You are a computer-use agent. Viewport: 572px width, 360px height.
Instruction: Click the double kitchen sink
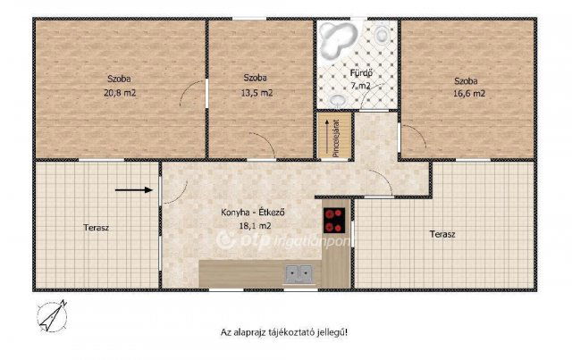click(299, 273)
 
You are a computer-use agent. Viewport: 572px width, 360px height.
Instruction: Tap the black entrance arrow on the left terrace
click(133, 189)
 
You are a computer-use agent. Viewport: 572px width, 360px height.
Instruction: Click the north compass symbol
click(52, 314)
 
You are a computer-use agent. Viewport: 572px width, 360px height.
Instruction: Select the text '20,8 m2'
click(121, 92)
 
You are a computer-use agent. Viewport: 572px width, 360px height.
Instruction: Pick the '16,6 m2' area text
click(466, 92)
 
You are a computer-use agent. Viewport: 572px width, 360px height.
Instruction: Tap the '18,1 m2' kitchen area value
click(238, 227)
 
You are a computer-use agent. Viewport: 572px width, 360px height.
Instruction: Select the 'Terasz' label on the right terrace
click(442, 234)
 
